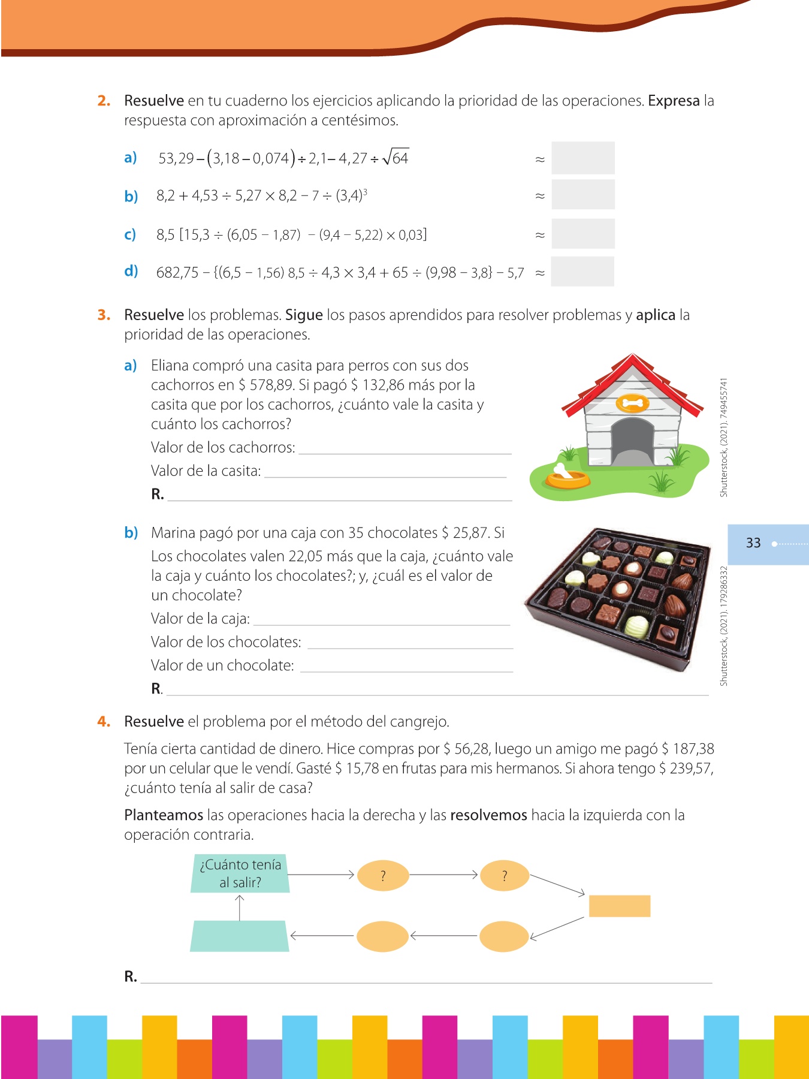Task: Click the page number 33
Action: click(x=753, y=543)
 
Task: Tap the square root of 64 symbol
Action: click(x=396, y=158)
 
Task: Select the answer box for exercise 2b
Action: click(x=582, y=195)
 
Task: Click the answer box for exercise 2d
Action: click(x=582, y=272)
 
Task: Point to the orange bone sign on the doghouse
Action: click(x=632, y=403)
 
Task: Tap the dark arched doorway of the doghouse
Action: click(x=632, y=442)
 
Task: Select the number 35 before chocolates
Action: click(x=356, y=533)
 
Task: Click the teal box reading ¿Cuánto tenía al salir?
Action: click(x=240, y=873)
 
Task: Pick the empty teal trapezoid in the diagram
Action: click(x=240, y=936)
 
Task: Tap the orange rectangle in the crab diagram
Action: click(x=619, y=906)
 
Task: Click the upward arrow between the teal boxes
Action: click(x=240, y=908)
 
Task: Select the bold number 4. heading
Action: click(x=104, y=721)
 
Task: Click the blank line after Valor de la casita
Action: click(x=385, y=472)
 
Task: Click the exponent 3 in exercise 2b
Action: click(x=365, y=191)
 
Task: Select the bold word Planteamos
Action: click(x=164, y=815)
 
